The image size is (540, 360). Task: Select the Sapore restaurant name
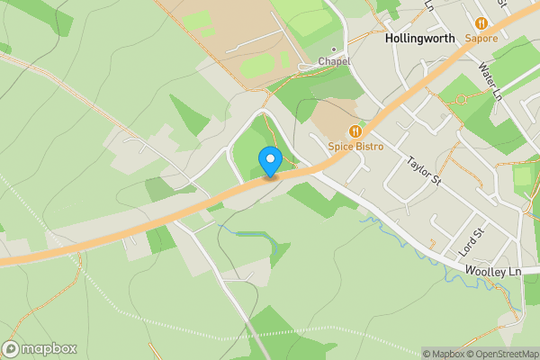point(481,38)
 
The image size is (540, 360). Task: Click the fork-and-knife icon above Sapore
point(481,23)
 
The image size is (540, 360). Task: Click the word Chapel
point(333,61)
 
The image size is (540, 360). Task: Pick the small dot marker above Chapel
point(333,49)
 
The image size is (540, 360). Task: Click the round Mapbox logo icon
point(11,349)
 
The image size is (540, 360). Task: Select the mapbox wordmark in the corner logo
point(49,349)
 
